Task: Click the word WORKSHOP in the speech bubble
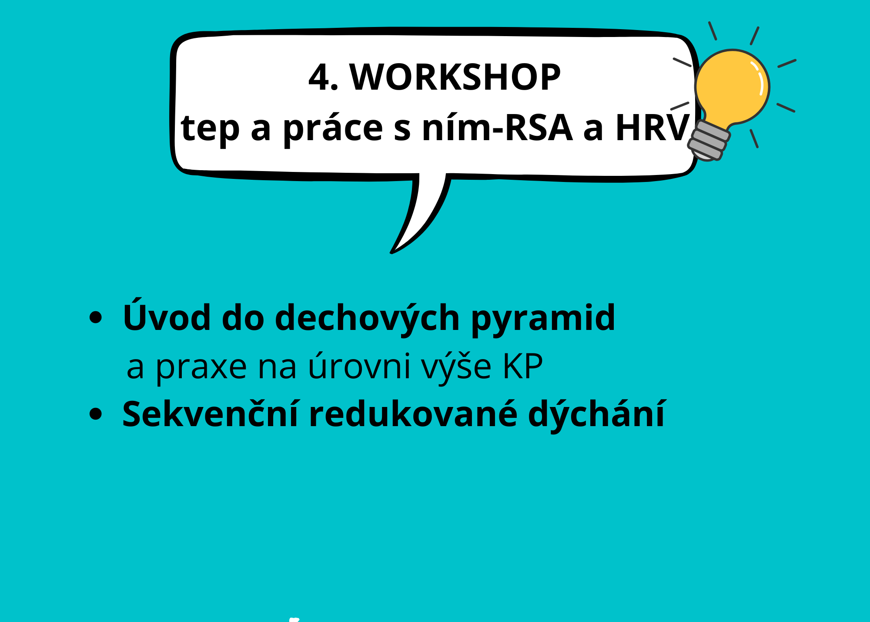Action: pos(455,77)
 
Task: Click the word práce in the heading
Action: pos(333,128)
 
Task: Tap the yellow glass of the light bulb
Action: pos(733,87)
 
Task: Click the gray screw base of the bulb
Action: pos(708,141)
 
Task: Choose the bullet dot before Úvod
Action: pos(95,317)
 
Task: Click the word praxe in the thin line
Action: pos(201,368)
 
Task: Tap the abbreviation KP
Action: pos(523,366)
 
